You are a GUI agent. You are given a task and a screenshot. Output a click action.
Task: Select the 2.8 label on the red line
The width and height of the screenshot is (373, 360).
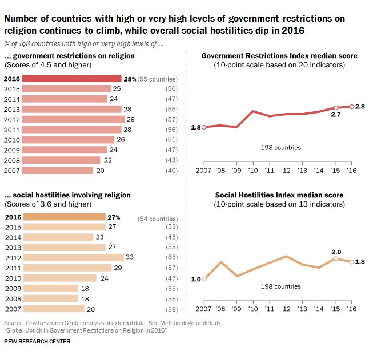360,106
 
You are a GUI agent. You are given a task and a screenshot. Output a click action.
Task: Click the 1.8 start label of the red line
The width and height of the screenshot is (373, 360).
196,127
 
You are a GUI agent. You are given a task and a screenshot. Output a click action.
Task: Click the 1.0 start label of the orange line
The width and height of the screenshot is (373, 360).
196,279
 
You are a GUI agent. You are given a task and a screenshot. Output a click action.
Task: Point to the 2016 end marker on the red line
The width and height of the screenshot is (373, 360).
352,106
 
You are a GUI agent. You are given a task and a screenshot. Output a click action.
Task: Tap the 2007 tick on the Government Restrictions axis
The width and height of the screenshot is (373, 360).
204,171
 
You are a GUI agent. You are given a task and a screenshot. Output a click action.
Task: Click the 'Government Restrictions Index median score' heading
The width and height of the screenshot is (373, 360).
280,56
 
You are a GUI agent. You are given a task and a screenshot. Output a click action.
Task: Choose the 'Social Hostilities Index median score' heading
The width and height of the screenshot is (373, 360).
279,195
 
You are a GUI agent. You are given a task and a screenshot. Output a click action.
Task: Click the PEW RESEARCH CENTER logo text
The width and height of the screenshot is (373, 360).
37,341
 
